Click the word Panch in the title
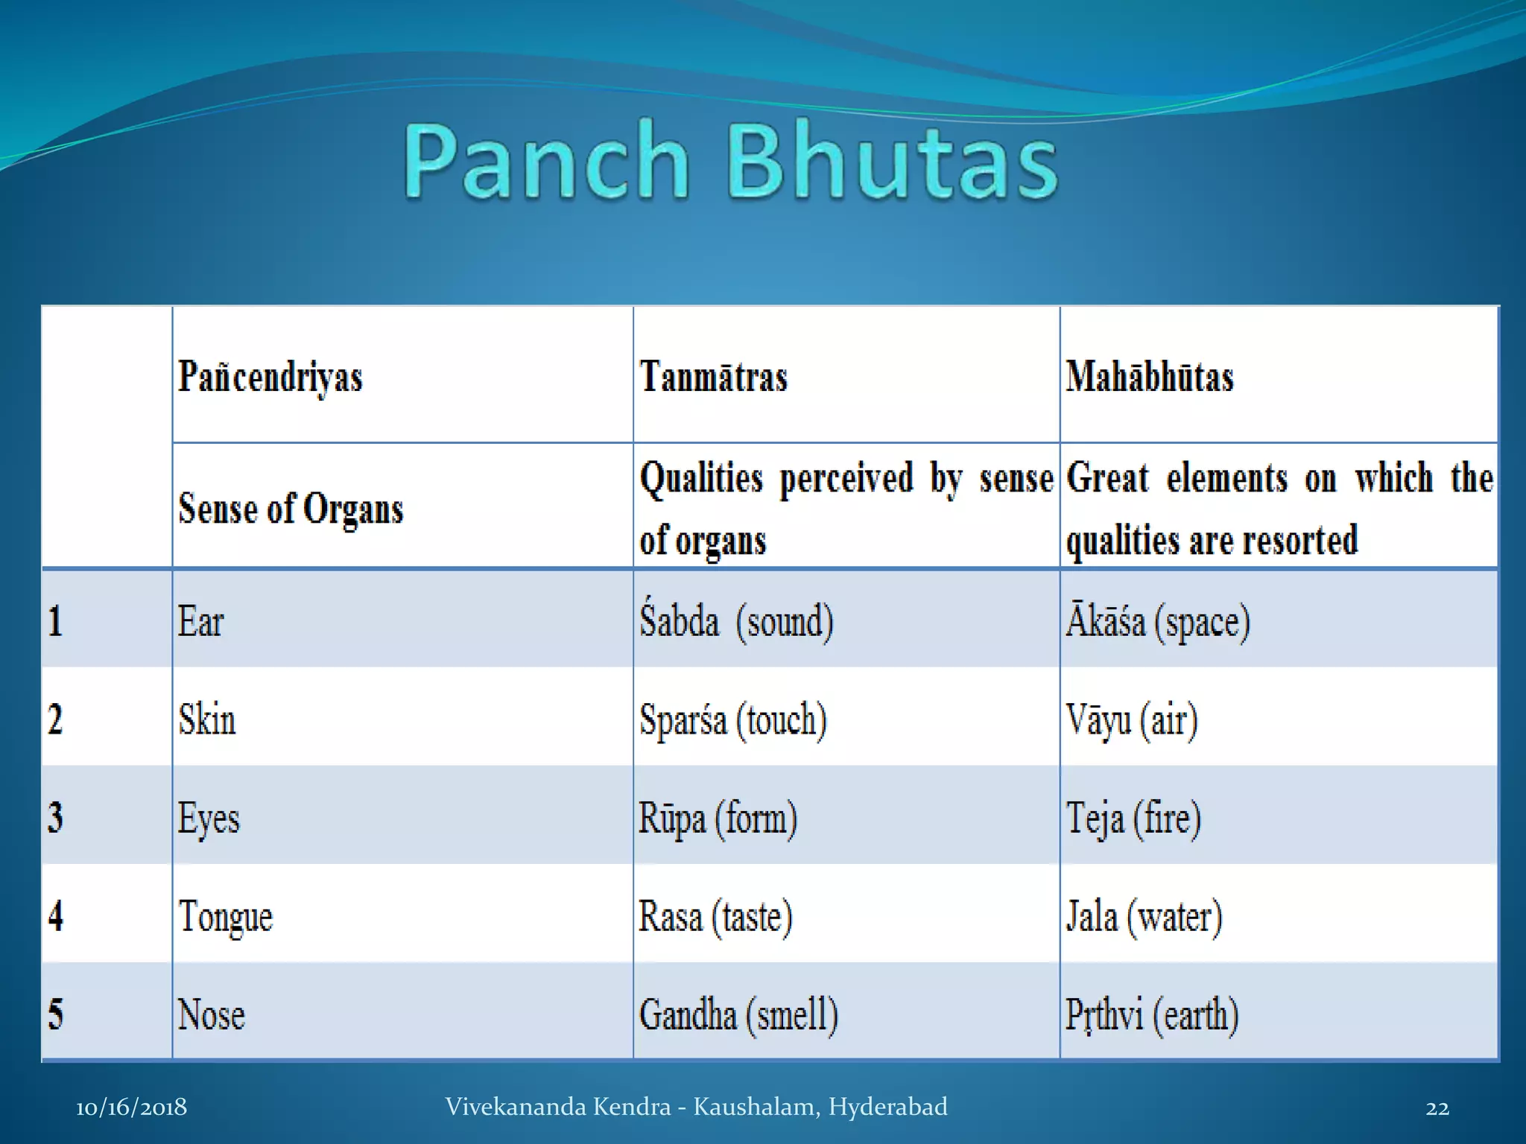pyautogui.click(x=546, y=162)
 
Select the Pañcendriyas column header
pyautogui.click(x=270, y=377)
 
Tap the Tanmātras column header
pyautogui.click(x=713, y=377)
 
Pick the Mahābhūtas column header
pyautogui.click(x=1149, y=377)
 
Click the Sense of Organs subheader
pyautogui.click(x=291, y=509)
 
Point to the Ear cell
pyautogui.click(x=200, y=621)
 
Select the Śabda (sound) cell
pyautogui.click(x=736, y=621)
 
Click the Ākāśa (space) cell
pyautogui.click(x=1157, y=621)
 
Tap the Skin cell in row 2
pyautogui.click(x=207, y=719)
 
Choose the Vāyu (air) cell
pyautogui.click(x=1131, y=719)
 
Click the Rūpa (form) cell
pyautogui.click(x=718, y=818)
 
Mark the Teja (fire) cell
pyautogui.click(x=1133, y=818)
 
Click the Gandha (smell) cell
pyautogui.click(x=738, y=1014)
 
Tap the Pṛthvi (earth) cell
pyautogui.click(x=1151, y=1014)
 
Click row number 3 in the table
pyautogui.click(x=56, y=818)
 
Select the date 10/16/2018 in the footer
pyautogui.click(x=131, y=1108)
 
